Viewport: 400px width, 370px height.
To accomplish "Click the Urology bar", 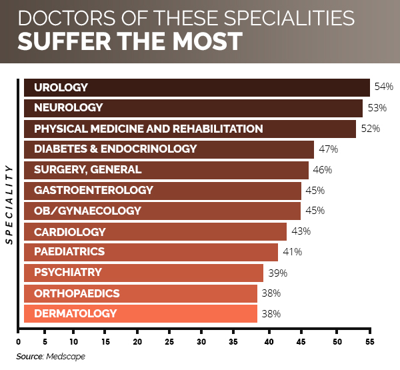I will [x=197, y=87].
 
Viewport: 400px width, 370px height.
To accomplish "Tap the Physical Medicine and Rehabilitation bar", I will [x=190, y=129].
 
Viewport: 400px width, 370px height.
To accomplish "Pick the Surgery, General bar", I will [x=166, y=169].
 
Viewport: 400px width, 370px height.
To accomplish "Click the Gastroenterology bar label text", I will [x=93, y=191].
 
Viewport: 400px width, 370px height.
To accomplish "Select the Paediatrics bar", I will [x=151, y=252].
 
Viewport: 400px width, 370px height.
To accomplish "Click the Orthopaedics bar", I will [x=141, y=293].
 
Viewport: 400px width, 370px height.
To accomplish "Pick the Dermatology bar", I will [x=141, y=313].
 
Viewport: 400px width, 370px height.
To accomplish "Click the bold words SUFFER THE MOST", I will [x=130, y=41].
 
